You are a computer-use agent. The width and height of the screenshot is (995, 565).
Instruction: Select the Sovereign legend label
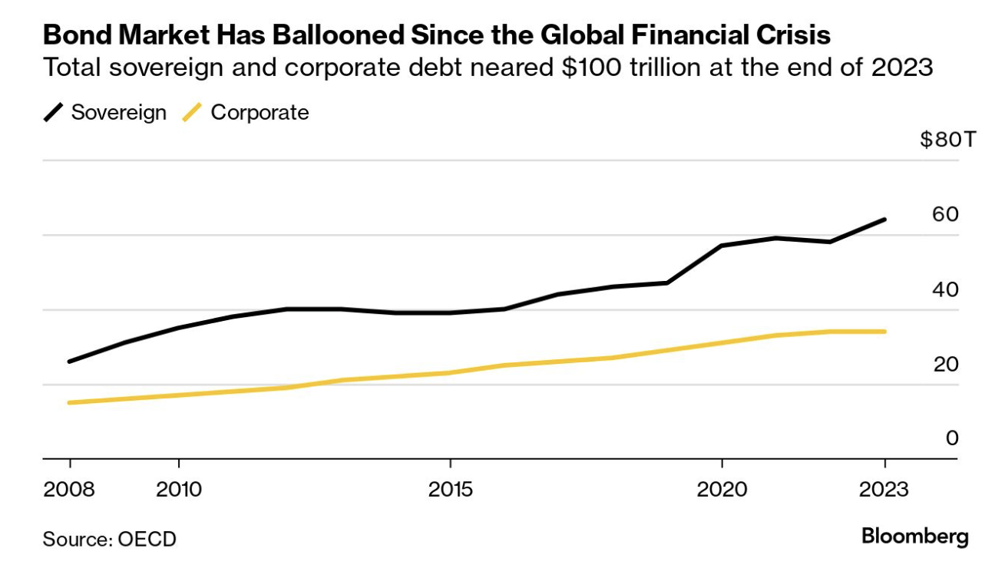pyautogui.click(x=118, y=113)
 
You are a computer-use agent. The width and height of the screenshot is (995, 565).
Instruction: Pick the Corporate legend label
pyautogui.click(x=259, y=113)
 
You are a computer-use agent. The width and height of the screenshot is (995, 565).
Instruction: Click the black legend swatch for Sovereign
pyautogui.click(x=53, y=113)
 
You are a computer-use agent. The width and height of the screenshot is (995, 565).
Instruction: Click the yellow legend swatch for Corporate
pyautogui.click(x=191, y=113)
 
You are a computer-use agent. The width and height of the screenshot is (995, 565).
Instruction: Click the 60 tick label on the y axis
pyautogui.click(x=945, y=214)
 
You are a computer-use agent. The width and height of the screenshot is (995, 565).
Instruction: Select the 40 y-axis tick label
pyautogui.click(x=945, y=289)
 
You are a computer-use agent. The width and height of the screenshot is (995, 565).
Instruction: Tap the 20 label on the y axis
pyautogui.click(x=945, y=364)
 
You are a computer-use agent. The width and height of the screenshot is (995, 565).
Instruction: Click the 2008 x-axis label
pyautogui.click(x=70, y=489)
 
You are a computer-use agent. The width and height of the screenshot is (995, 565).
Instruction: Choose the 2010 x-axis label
pyautogui.click(x=178, y=489)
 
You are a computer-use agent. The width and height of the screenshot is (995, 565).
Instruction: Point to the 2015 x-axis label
pyautogui.click(x=450, y=489)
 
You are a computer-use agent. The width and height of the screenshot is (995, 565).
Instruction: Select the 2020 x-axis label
pyautogui.click(x=722, y=489)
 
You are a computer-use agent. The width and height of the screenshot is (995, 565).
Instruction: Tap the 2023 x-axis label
pyautogui.click(x=884, y=489)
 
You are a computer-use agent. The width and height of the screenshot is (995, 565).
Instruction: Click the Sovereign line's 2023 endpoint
pyautogui.click(x=884, y=220)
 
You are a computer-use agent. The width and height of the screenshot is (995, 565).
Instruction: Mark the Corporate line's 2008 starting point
pyautogui.click(x=70, y=402)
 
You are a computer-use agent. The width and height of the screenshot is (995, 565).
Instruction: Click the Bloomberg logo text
pyautogui.click(x=914, y=536)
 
